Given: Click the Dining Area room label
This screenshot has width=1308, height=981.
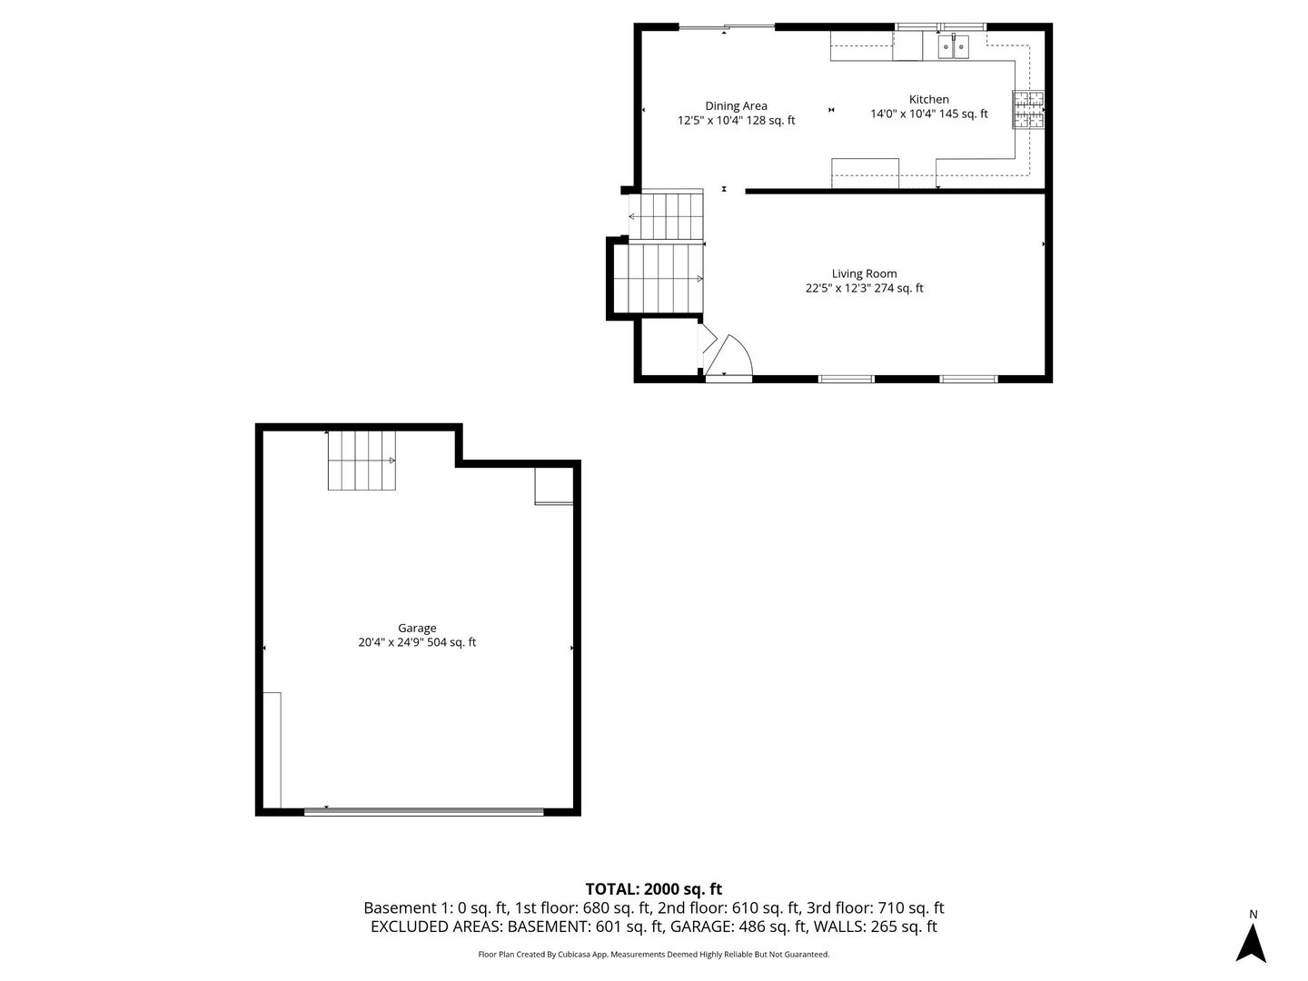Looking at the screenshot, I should pyautogui.click(x=736, y=106).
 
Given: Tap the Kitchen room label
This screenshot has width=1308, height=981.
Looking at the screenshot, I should pyautogui.click(x=928, y=100).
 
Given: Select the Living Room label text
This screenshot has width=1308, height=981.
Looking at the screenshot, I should pyautogui.click(x=864, y=273).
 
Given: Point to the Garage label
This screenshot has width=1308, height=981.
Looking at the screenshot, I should pyautogui.click(x=417, y=628).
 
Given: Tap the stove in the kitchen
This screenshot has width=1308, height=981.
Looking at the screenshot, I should pyautogui.click(x=1028, y=110).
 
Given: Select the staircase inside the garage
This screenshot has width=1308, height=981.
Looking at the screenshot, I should pyautogui.click(x=362, y=461).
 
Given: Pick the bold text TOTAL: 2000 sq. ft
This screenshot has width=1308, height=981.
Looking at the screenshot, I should pyautogui.click(x=653, y=889).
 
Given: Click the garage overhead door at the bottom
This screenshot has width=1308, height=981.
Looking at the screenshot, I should pyautogui.click(x=423, y=810).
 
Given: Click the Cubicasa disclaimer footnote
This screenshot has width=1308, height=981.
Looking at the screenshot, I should pyautogui.click(x=653, y=955).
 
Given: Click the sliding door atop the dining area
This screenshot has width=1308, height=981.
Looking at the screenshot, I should pyautogui.click(x=727, y=28).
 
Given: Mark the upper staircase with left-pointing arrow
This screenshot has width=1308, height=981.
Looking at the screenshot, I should pyautogui.click(x=667, y=215).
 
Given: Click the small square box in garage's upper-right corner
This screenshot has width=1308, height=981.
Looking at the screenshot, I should pyautogui.click(x=553, y=486).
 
